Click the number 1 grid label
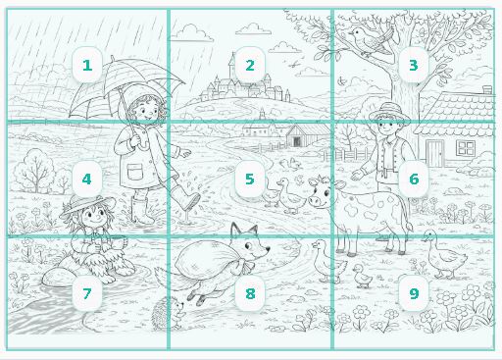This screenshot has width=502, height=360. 87,65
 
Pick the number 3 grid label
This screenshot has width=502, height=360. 414,65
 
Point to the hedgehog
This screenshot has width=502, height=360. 170,312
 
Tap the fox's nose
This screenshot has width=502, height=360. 268,249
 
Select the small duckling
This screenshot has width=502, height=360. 362,276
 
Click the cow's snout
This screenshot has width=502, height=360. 315,200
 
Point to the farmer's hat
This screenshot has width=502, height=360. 389,112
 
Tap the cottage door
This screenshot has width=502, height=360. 435,153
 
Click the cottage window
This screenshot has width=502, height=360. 466,148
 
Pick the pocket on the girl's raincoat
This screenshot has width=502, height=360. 135,172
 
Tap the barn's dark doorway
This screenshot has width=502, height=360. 297,141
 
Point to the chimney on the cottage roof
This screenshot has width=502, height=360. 487,89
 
